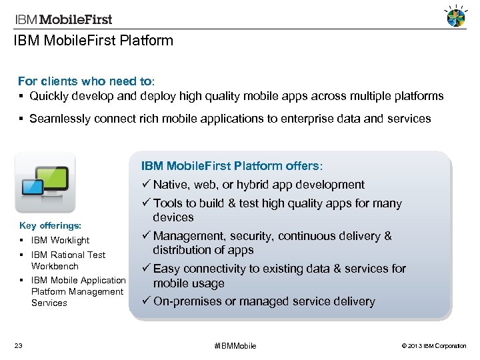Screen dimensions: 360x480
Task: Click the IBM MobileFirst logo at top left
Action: pos(64,19)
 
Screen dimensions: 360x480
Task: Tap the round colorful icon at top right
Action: pos(456,17)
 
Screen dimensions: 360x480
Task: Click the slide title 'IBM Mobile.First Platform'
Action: pos(93,41)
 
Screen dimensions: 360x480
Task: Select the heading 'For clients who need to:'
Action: pos(86,81)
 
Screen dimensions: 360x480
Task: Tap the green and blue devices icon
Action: pos(45,183)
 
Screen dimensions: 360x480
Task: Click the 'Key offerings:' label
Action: pos(50,226)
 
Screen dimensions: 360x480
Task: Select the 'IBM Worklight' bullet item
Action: pos(60,240)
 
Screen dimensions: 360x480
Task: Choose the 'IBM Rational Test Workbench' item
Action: pos(68,260)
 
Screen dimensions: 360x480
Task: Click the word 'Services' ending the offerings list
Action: pos(49,303)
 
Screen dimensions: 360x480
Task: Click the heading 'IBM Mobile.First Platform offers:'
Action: pos(231,165)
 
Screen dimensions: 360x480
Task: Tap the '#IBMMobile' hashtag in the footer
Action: pos(235,346)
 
